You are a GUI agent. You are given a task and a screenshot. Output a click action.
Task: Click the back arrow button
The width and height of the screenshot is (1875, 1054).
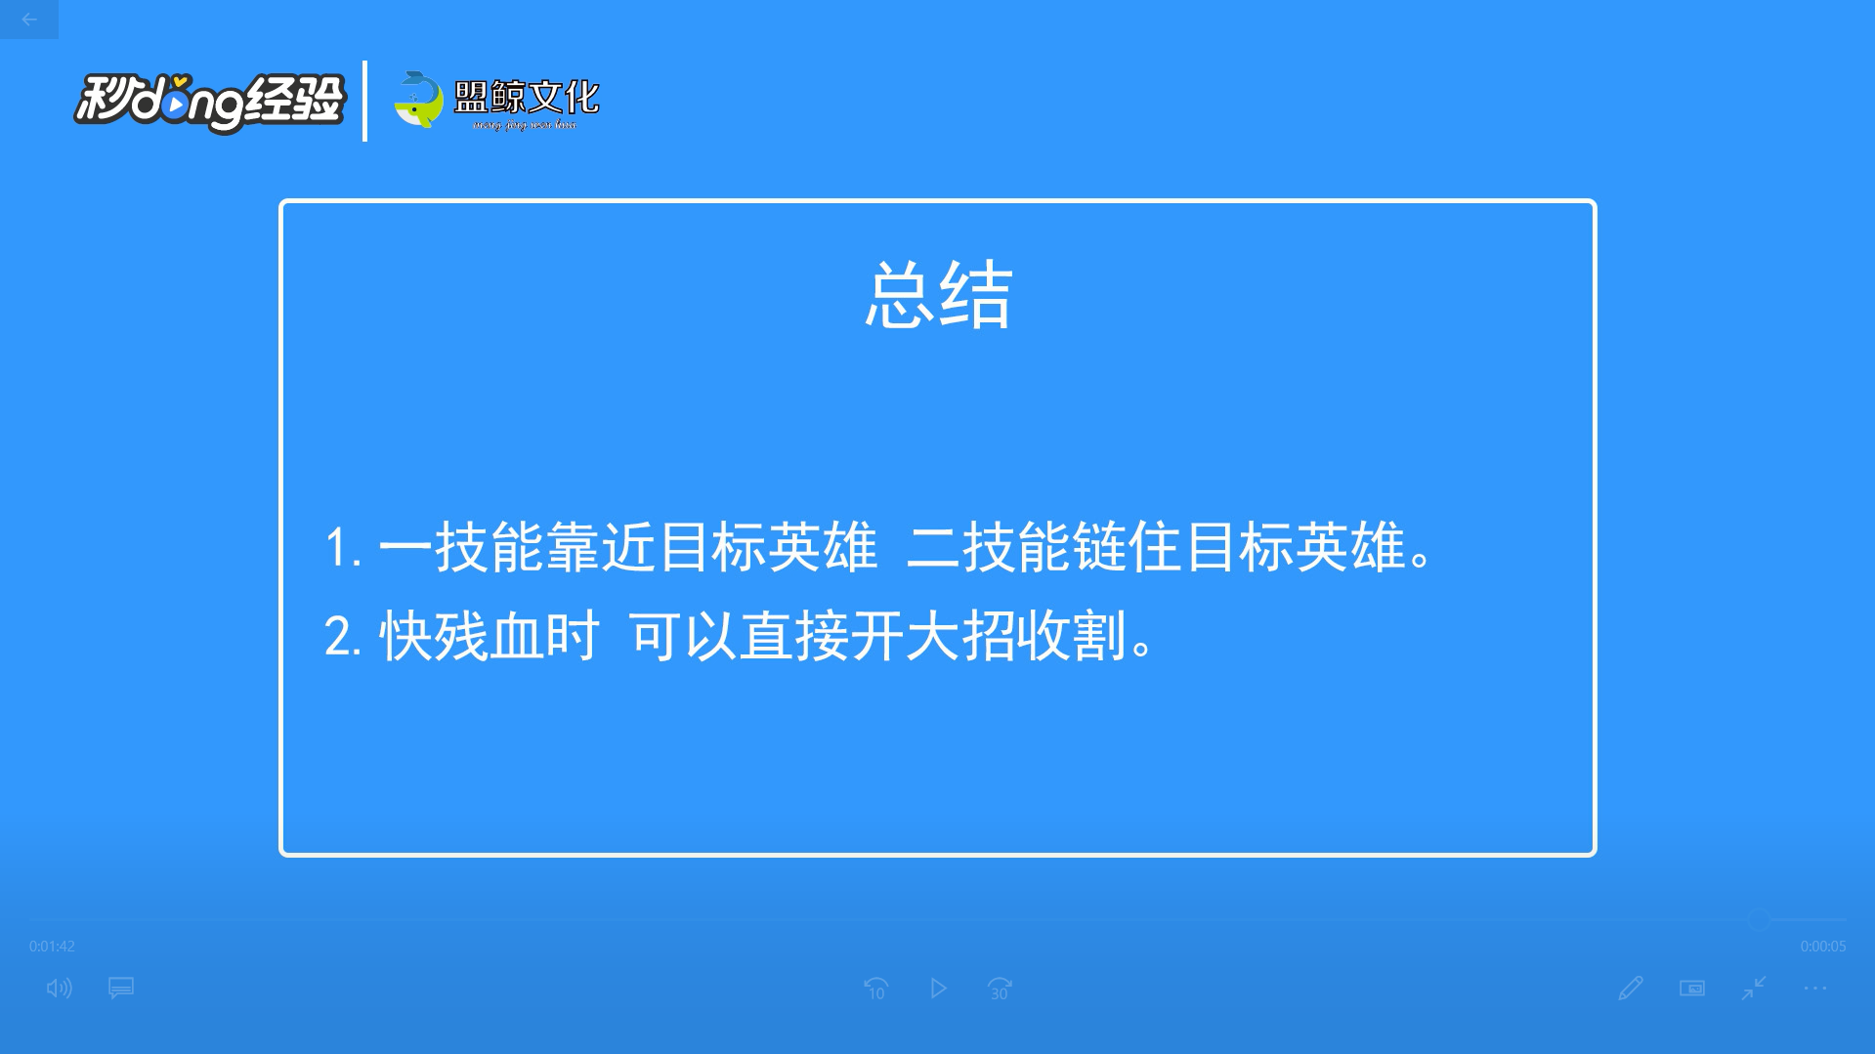click(29, 20)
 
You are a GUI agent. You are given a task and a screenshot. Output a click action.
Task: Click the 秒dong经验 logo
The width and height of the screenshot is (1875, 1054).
click(210, 102)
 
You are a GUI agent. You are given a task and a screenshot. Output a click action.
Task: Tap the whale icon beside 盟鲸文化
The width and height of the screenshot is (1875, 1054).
click(418, 100)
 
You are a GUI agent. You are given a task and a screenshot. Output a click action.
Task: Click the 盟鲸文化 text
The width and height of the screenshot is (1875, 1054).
click(527, 97)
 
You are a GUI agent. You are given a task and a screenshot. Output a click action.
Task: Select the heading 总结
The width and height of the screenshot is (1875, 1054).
click(938, 295)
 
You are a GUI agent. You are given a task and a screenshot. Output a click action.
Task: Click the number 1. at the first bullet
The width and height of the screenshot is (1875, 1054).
click(343, 548)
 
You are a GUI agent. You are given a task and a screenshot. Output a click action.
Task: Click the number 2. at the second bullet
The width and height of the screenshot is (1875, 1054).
click(343, 637)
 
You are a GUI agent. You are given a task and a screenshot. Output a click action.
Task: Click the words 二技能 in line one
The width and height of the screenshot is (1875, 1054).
click(989, 547)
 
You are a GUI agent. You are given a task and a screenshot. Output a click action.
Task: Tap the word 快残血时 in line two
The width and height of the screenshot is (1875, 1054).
click(490, 637)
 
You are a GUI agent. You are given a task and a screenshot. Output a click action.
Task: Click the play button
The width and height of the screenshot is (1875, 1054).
click(938, 989)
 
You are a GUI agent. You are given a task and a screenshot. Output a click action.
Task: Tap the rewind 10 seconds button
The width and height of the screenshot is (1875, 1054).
click(875, 989)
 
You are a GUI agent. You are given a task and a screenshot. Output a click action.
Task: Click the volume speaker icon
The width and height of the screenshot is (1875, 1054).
click(59, 989)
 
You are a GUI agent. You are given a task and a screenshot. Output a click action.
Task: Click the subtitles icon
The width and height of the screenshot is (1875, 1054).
click(121, 989)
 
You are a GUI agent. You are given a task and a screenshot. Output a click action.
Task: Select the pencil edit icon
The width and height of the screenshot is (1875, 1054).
click(1630, 989)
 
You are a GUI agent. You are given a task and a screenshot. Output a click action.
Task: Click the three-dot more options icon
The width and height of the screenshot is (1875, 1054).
click(1814, 989)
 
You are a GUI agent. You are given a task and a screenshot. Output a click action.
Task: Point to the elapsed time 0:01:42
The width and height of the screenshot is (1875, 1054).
click(52, 947)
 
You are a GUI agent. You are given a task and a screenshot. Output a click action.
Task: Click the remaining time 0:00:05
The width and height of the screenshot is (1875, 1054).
click(1823, 947)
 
